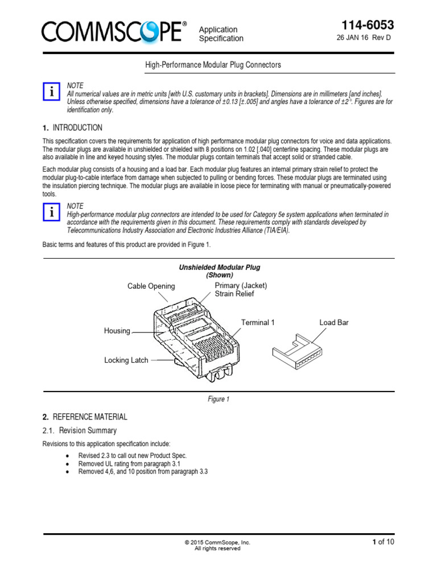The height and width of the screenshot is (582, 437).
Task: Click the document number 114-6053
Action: pyautogui.click(x=367, y=25)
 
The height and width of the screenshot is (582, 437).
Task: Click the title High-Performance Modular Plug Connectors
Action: pyautogui.click(x=214, y=65)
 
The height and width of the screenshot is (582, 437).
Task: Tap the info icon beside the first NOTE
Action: pyautogui.click(x=52, y=90)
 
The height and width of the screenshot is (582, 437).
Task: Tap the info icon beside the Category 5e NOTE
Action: pyautogui.click(x=52, y=212)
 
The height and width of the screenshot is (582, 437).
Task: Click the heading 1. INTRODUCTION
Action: pyautogui.click(x=73, y=128)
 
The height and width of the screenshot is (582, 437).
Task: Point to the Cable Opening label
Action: pyautogui.click(x=151, y=286)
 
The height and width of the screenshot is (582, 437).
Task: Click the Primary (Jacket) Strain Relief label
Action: pyautogui.click(x=241, y=289)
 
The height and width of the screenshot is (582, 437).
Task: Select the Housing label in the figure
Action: pyautogui.click(x=117, y=331)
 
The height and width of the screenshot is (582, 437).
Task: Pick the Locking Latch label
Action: pyautogui.click(x=126, y=360)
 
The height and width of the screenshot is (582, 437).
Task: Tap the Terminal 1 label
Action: pyautogui.click(x=258, y=322)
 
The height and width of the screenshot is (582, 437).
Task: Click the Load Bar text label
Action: pyautogui.click(x=334, y=322)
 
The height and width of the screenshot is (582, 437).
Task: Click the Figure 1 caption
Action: pyautogui.click(x=218, y=400)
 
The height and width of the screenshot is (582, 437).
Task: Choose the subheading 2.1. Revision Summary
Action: pyautogui.click(x=80, y=430)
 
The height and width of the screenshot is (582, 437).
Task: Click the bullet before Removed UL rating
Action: pyautogui.click(x=68, y=464)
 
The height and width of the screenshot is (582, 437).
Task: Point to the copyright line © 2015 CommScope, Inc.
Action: pyautogui.click(x=217, y=542)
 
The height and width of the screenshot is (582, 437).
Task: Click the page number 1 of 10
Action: pyautogui.click(x=382, y=542)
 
